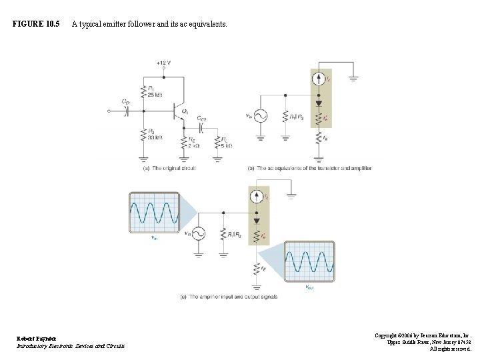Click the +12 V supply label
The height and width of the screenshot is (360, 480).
pyautogui.click(x=163, y=63)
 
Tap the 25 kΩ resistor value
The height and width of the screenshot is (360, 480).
pyautogui.click(x=154, y=95)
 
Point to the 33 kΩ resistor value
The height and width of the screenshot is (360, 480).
pyautogui.click(x=154, y=137)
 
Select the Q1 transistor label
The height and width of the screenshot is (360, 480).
pyautogui.click(x=185, y=111)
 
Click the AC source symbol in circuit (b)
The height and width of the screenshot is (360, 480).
pyautogui.click(x=259, y=116)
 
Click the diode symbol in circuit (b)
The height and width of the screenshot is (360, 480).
pyautogui.click(x=319, y=103)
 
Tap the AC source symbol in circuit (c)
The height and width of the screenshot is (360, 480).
pyautogui.click(x=198, y=233)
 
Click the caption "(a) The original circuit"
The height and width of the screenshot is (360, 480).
pyautogui.click(x=169, y=168)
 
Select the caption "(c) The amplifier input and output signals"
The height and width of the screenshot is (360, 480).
pyautogui.click(x=229, y=297)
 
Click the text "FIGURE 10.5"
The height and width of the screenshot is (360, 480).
pyautogui.click(x=36, y=24)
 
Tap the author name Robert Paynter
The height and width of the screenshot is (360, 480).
pyautogui.click(x=37, y=338)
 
